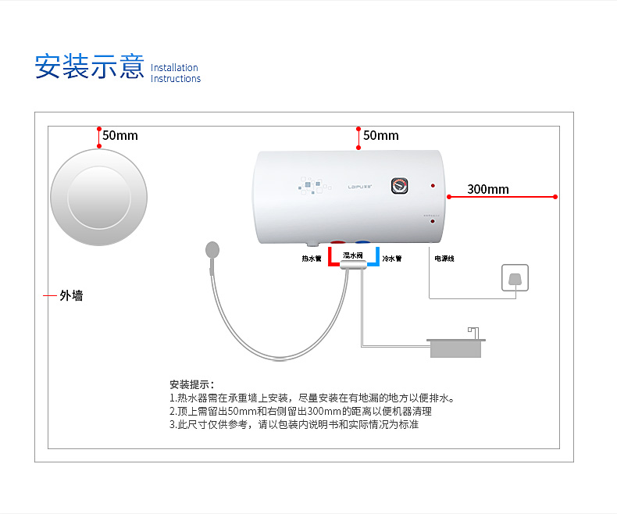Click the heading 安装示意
tap(88, 66)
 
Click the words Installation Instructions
tap(175, 73)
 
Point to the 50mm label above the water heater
tap(380, 135)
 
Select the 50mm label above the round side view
tap(119, 135)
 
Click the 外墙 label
tap(71, 296)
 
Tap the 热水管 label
tap(312, 259)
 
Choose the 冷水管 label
tap(392, 259)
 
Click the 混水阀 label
tap(353, 255)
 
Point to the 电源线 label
tap(444, 259)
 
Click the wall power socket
tap(515, 279)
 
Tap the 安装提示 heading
tap(191, 384)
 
